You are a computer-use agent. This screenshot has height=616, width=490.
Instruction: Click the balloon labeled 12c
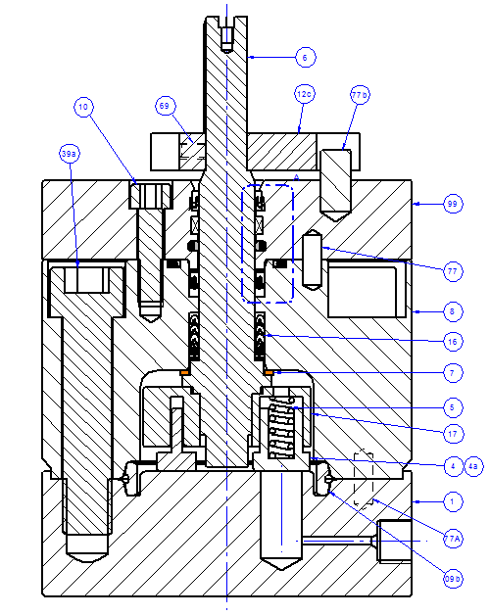point(304,94)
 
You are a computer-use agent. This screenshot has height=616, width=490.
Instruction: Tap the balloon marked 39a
point(70,154)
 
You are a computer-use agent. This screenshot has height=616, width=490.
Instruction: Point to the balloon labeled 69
point(165,104)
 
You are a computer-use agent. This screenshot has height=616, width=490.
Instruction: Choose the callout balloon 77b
point(360,95)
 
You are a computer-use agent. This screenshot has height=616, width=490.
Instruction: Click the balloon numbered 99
point(452,205)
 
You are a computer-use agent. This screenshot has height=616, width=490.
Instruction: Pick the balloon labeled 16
point(452,342)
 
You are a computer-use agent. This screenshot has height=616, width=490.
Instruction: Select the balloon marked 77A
point(452,538)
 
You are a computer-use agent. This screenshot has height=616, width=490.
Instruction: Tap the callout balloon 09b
point(452,580)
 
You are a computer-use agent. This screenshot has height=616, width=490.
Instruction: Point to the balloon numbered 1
point(452,501)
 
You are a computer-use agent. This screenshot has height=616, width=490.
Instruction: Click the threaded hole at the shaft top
point(226,38)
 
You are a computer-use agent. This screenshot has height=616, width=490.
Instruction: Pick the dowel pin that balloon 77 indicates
point(314,260)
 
